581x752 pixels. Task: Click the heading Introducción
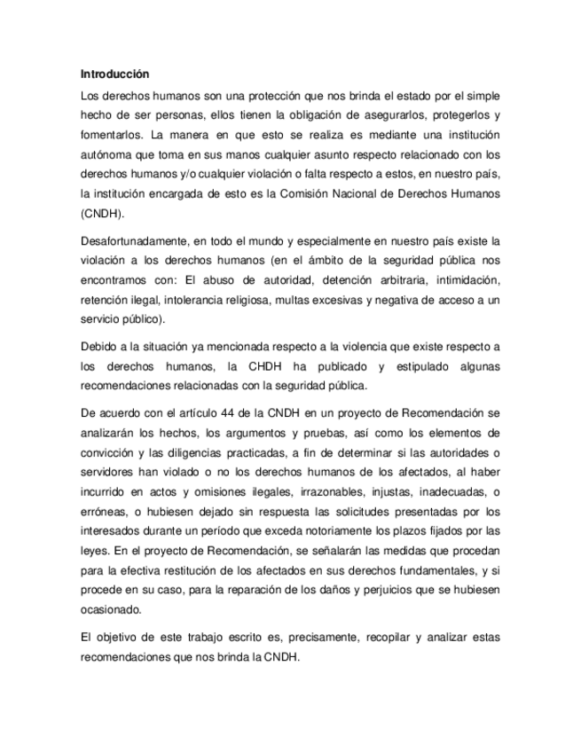114,74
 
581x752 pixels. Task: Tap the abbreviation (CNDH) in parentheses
102,214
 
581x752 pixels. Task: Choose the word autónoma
108,155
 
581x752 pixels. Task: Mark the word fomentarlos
110,136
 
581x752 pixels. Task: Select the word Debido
98,347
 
